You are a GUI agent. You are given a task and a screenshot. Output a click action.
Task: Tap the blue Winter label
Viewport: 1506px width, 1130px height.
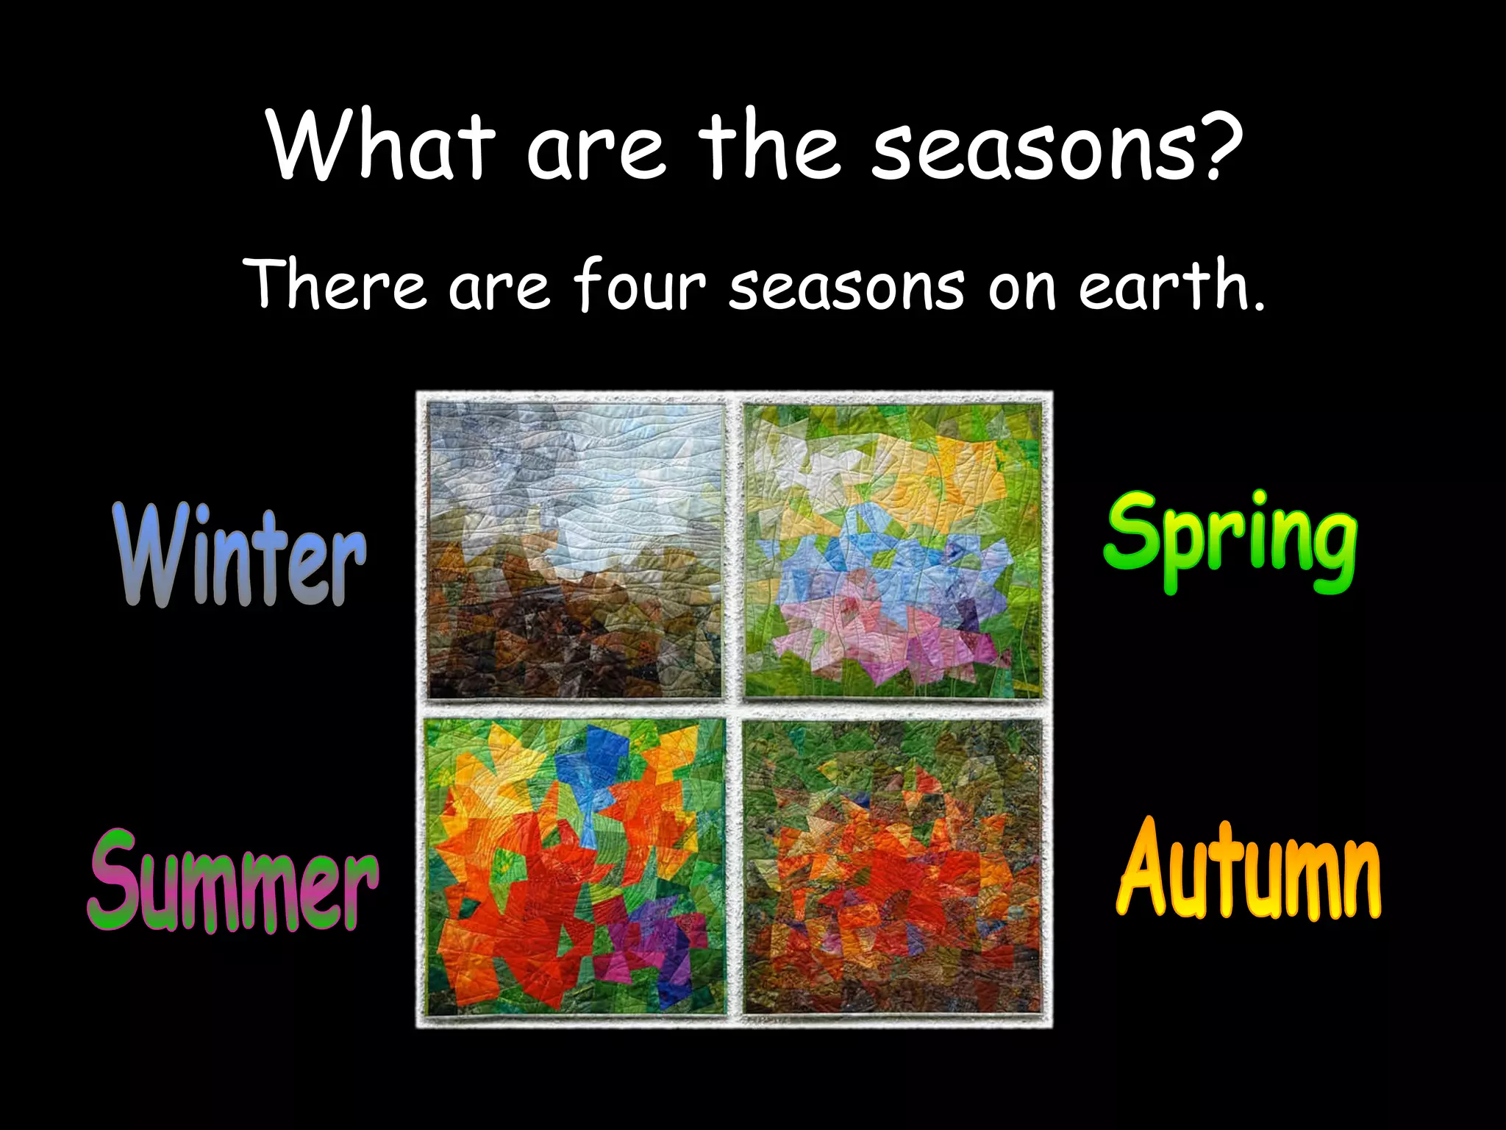(x=240, y=555)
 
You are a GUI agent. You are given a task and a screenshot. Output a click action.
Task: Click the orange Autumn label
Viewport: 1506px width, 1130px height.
(x=1248, y=872)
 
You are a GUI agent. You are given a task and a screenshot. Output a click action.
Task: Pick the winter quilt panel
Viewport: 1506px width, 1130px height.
(x=575, y=550)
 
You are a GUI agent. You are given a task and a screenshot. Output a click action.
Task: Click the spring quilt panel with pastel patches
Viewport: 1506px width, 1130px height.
(x=893, y=550)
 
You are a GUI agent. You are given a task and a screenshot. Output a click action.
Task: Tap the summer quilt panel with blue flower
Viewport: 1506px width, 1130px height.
(x=575, y=867)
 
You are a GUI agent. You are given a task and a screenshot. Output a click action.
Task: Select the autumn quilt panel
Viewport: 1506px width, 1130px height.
(x=893, y=867)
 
